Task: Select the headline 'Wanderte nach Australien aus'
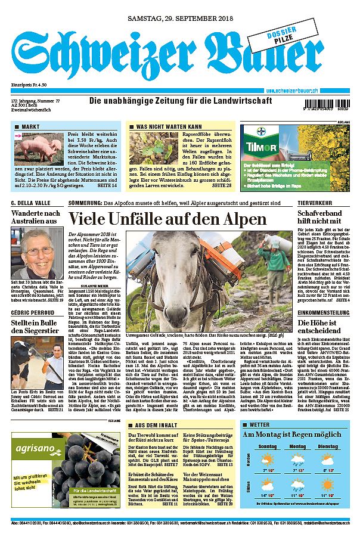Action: [x=36, y=217]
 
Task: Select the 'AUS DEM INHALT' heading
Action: [x=157, y=425]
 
